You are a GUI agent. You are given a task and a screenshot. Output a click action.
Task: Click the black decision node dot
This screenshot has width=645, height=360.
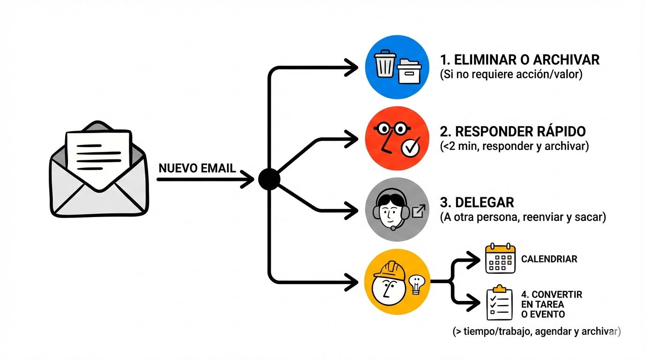269,180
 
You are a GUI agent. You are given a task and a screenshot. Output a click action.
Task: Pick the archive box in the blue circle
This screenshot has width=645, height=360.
410,71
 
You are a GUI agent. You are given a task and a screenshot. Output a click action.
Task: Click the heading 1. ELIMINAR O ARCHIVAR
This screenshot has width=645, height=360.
520,60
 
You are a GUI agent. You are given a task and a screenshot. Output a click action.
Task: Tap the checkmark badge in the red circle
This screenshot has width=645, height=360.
411,148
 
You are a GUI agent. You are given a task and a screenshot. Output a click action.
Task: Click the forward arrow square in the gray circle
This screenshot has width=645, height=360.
418,211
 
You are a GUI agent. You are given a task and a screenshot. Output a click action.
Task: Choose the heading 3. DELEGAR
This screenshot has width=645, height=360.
477,202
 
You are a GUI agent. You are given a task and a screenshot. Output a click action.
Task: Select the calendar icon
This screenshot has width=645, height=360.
500,258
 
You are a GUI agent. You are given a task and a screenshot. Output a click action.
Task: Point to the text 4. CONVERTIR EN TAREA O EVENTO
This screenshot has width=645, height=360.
551,304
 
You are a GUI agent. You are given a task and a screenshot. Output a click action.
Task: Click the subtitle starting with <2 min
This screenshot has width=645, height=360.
514,146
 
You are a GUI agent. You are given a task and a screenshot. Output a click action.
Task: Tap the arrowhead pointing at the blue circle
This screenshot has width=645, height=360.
352,68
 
